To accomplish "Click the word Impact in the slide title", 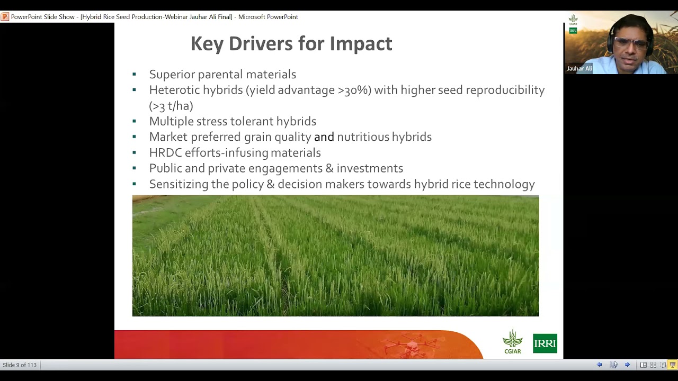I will (x=361, y=44).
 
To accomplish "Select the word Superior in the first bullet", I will (x=172, y=75).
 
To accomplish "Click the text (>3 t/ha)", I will (x=171, y=106).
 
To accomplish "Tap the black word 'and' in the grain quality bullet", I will (x=324, y=137).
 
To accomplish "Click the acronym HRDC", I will (x=165, y=153).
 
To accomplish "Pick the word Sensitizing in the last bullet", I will (x=179, y=184).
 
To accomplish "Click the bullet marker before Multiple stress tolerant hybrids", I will (x=135, y=122).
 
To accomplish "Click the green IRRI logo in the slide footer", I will (x=545, y=343).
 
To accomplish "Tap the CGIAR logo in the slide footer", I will (x=512, y=342).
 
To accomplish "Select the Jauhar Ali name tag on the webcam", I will (x=579, y=69).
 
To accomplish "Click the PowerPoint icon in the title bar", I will (x=5, y=17).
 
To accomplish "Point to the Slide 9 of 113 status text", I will (x=20, y=365).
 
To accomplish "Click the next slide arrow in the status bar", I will (x=627, y=365).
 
